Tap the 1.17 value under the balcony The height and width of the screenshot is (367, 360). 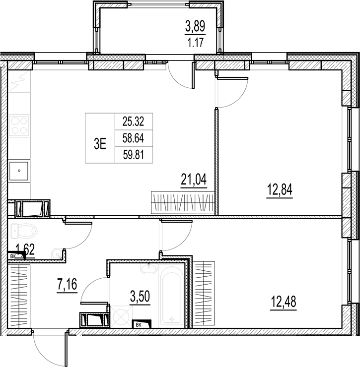pyautogui.click(x=195, y=42)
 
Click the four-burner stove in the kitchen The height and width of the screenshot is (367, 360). pyautogui.click(x=19, y=124)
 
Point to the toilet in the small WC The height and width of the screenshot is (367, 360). pyautogui.click(x=25, y=231)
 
